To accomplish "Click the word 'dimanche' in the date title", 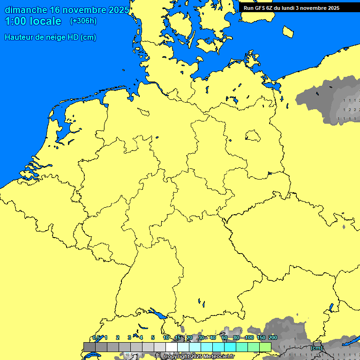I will click(x=26, y=10).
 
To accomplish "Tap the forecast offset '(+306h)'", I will click(x=83, y=21).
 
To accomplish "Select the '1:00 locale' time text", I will click(x=33, y=21).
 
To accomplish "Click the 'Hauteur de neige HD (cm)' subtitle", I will click(x=50, y=37).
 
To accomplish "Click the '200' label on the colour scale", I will click(x=273, y=337).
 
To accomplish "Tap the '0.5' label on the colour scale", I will click(x=96, y=337).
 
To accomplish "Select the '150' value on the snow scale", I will click(x=261, y=337).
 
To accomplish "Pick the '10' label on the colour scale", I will click(x=166, y=337).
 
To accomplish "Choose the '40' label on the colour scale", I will click(x=213, y=337).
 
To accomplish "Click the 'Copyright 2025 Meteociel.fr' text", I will click(x=199, y=356).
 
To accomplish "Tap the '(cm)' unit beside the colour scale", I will click(x=316, y=348).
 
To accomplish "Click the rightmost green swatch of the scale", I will click(x=265, y=347).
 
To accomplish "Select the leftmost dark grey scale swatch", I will click(x=89, y=347).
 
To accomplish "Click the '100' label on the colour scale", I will click(x=249, y=337).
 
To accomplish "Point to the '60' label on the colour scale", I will click(x=225, y=337).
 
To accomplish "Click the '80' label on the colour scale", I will click(x=236, y=337).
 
